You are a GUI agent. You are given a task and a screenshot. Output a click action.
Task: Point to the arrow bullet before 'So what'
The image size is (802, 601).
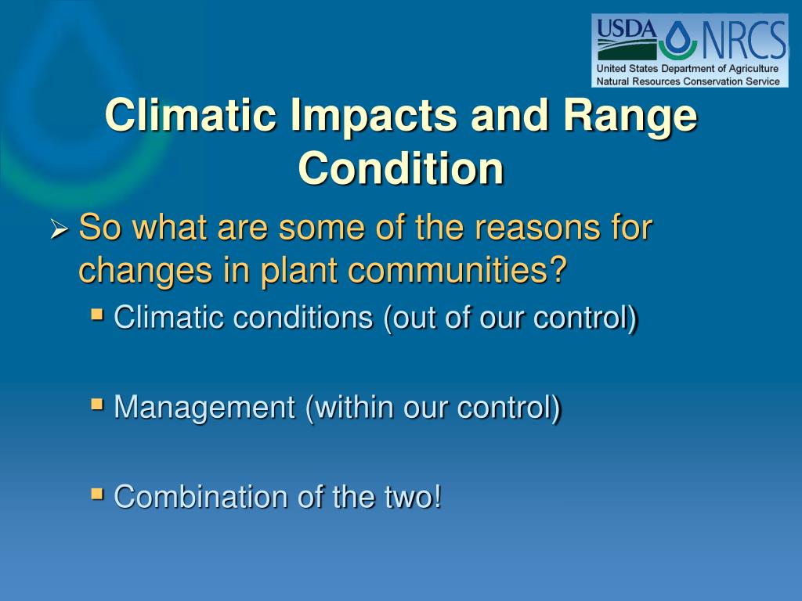pos(60,229)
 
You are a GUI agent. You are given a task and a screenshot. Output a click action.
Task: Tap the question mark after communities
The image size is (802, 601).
pos(559,269)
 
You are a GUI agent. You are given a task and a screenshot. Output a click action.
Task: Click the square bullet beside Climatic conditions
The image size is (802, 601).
pos(96,313)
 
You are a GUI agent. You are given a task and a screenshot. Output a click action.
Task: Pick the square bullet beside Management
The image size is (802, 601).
pos(96,405)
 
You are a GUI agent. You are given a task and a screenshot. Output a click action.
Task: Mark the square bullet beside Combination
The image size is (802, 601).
pos(96,494)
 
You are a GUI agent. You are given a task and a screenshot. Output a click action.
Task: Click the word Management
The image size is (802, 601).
pos(204,408)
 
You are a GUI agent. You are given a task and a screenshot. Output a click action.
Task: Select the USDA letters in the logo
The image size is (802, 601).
pos(627,29)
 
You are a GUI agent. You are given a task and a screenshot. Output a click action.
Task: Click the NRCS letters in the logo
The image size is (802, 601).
pos(744,39)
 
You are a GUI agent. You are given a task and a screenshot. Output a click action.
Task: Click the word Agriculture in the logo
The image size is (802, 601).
pos(753,69)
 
